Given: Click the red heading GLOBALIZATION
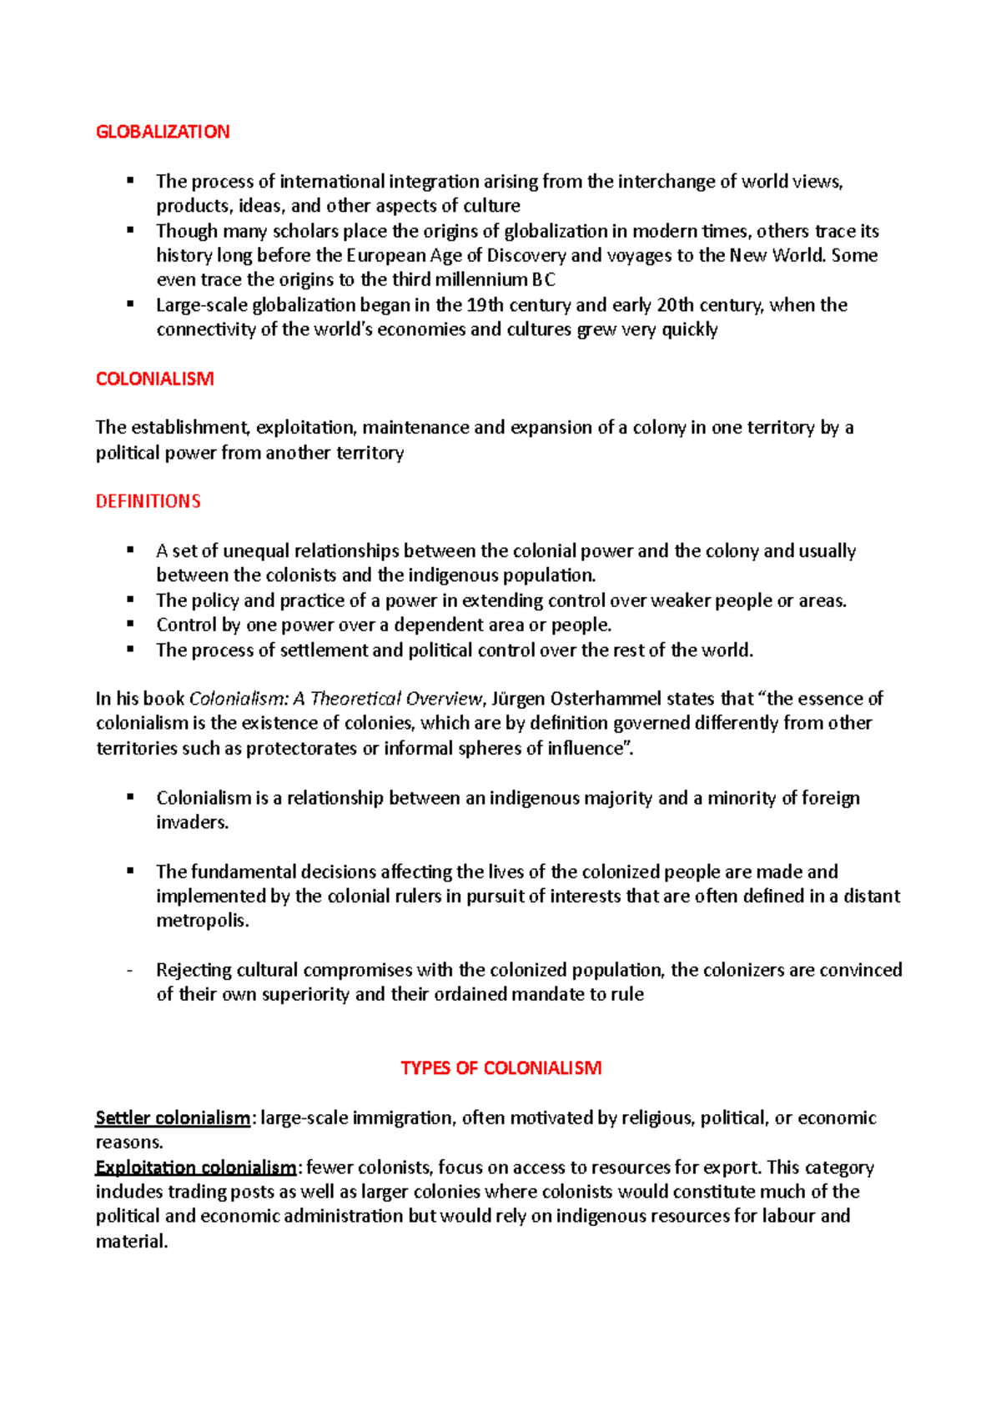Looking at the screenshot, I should (x=163, y=132).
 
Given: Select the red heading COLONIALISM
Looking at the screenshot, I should (x=155, y=379).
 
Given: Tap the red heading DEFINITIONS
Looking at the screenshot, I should (x=148, y=501).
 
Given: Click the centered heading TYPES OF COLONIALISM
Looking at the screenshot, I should (x=500, y=1068).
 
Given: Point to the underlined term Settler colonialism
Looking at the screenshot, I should (x=173, y=1117).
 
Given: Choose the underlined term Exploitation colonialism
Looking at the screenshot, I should (x=196, y=1167).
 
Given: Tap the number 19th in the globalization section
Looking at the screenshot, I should (x=485, y=305).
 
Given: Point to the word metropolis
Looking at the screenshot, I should (x=202, y=921).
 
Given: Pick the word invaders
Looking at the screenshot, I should (x=192, y=822).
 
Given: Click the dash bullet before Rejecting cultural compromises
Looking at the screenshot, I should (x=130, y=971).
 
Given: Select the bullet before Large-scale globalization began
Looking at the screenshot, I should (x=130, y=304).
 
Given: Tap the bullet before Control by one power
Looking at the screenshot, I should (x=130, y=624).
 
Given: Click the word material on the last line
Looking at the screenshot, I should (x=130, y=1241).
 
